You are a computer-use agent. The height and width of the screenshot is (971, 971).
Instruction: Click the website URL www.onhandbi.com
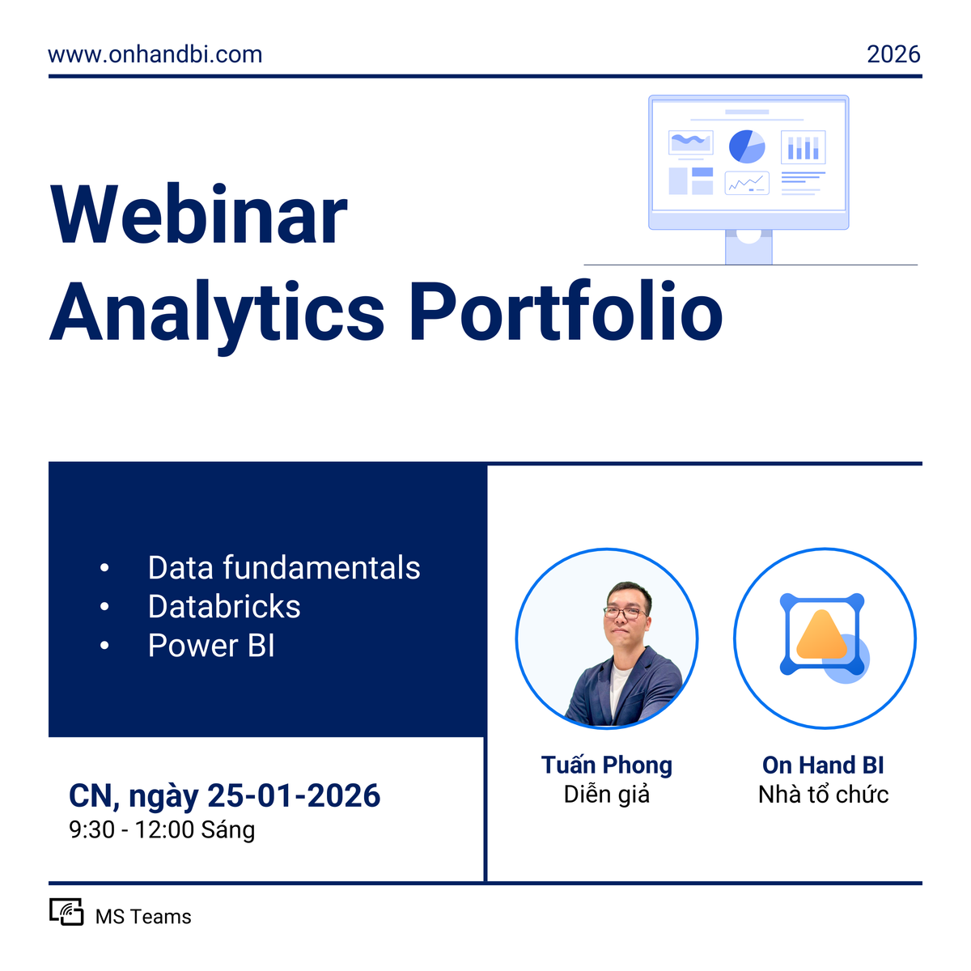(x=155, y=54)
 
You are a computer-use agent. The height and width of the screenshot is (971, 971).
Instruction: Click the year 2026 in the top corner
(x=893, y=54)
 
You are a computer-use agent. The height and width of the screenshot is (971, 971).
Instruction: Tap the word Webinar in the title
(x=199, y=216)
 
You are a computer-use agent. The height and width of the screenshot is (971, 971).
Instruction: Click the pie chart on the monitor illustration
(x=747, y=146)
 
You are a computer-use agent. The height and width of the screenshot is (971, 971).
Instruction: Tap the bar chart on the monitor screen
(x=804, y=147)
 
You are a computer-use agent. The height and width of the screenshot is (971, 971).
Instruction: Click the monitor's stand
(x=748, y=247)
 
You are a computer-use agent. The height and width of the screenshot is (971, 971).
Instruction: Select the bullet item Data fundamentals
(x=284, y=568)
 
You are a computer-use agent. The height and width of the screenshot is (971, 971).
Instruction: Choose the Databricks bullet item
(x=224, y=607)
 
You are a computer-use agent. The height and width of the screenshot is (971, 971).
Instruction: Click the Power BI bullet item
(x=211, y=646)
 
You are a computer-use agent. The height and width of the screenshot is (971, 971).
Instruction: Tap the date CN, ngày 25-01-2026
(x=224, y=796)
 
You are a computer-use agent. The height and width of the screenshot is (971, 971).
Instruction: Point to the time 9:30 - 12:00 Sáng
(x=162, y=830)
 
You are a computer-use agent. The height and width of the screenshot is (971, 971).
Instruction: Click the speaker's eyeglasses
(x=625, y=613)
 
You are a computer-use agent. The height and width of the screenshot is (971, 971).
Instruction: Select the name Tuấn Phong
(x=607, y=765)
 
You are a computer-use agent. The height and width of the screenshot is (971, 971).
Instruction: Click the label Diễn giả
(x=607, y=795)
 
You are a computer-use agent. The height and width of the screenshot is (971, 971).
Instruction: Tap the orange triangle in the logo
(x=821, y=635)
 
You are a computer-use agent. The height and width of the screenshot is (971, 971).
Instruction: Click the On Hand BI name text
(x=823, y=765)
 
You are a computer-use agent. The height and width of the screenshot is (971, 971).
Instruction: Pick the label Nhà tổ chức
(x=823, y=795)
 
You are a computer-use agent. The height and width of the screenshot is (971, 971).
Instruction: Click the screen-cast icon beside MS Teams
(x=66, y=912)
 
